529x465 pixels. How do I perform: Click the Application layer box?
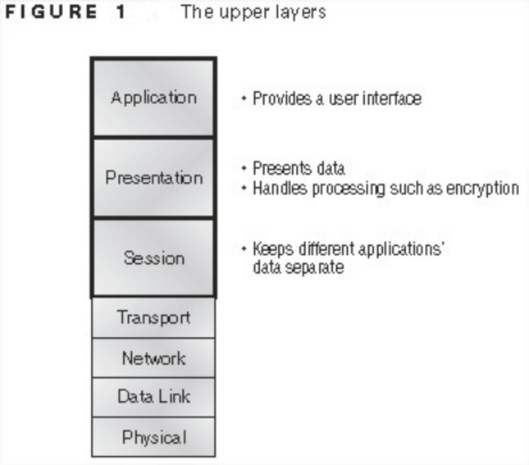[x=154, y=97]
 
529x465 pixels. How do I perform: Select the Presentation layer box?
[x=154, y=178]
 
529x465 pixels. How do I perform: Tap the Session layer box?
[x=154, y=258]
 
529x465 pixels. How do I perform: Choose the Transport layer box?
[x=154, y=318]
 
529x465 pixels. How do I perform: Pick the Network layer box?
[x=154, y=358]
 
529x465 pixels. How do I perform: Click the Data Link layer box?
[x=154, y=397]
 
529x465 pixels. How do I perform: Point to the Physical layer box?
[x=154, y=437]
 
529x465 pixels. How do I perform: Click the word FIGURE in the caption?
[x=51, y=12]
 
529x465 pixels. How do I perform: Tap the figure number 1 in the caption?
[x=121, y=12]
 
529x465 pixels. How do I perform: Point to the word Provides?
[x=282, y=98]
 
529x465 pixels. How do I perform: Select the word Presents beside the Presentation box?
[x=282, y=168]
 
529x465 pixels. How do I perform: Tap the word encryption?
[x=482, y=189]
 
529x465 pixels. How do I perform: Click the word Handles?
[x=280, y=189]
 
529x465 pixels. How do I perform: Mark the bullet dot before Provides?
[x=244, y=98]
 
